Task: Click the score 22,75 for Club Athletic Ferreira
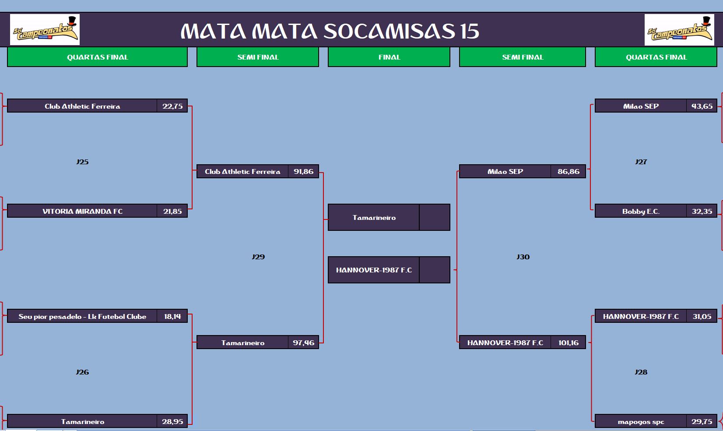(x=172, y=106)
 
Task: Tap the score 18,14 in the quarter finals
(x=172, y=316)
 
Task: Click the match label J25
(x=82, y=162)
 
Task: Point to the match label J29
(x=258, y=257)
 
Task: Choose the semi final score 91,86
(x=303, y=171)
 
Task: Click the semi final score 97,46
(x=303, y=343)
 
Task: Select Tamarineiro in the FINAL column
(x=374, y=217)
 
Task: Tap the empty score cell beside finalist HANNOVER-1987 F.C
(x=435, y=270)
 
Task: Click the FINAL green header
(x=389, y=57)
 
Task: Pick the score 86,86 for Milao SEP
(x=569, y=171)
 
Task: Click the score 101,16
(x=569, y=343)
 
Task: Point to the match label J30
(x=523, y=257)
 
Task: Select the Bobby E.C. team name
(x=641, y=211)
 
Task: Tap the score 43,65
(x=702, y=106)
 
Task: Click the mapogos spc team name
(x=641, y=422)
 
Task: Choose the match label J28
(x=641, y=372)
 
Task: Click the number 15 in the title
(x=470, y=32)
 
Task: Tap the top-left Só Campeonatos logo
(x=45, y=29)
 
